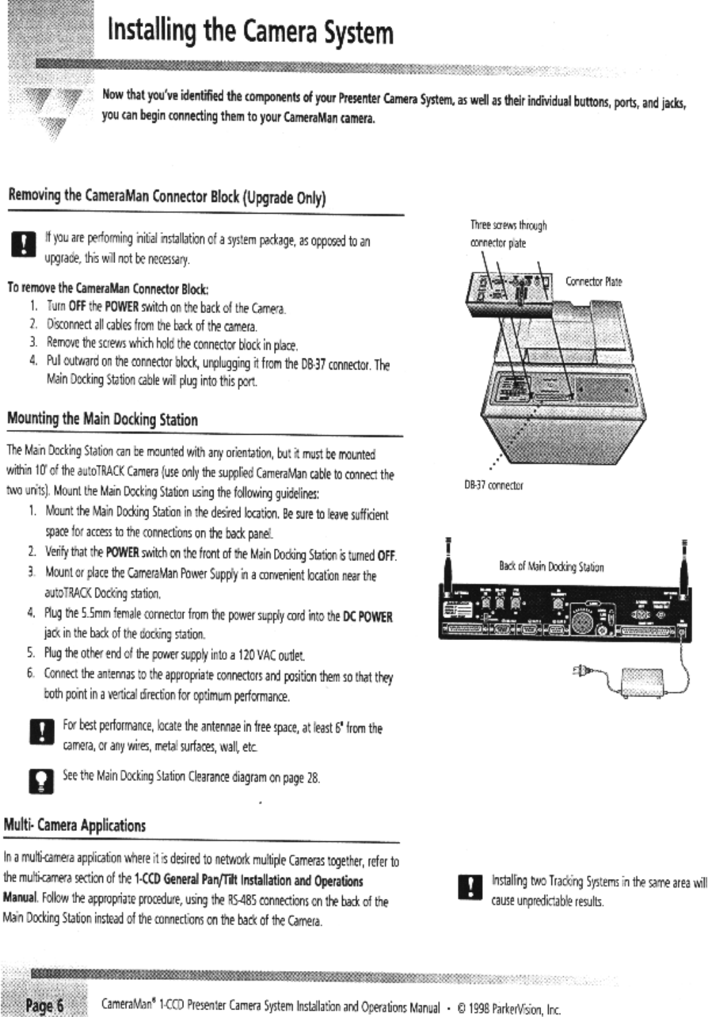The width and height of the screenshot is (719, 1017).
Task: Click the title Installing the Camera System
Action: click(x=250, y=32)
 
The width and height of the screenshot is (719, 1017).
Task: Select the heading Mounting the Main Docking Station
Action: click(x=102, y=419)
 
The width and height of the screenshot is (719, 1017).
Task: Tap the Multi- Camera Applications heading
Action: click(x=75, y=825)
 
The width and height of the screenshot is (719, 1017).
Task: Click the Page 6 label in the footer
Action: click(x=44, y=1006)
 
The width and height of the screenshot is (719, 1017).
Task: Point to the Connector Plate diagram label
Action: click(x=593, y=282)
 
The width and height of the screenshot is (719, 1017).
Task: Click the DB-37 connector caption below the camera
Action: click(x=494, y=485)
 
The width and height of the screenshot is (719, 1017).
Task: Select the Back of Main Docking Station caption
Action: click(x=551, y=567)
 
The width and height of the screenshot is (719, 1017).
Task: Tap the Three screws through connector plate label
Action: click(x=507, y=233)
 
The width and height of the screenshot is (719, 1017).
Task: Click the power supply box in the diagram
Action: click(x=641, y=683)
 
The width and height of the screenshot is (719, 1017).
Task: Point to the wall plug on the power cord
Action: click(x=580, y=672)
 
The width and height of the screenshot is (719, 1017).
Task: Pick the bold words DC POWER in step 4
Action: click(x=367, y=617)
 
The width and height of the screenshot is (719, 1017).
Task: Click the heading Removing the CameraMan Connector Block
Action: click(x=166, y=197)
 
